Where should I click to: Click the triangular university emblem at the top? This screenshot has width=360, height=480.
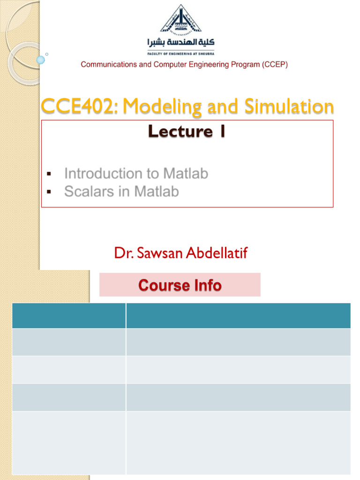tap(180, 20)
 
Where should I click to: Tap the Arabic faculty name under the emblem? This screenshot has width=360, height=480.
tap(180, 43)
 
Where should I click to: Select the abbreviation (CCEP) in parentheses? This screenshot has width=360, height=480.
tap(274, 65)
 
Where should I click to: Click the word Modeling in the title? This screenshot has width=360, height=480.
tap(155, 106)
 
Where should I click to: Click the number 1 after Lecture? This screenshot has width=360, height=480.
tap(221, 132)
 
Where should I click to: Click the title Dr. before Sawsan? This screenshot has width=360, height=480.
tap(121, 254)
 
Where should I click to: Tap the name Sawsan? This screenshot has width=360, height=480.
tap(157, 254)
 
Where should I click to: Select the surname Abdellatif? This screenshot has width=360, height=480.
tap(217, 254)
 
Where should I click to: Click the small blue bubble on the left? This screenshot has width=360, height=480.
tap(40, 60)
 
